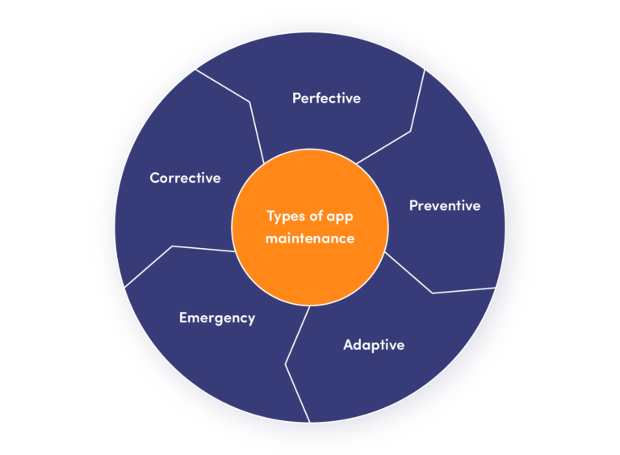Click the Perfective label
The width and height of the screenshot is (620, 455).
click(326, 98)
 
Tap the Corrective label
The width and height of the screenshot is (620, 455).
click(185, 178)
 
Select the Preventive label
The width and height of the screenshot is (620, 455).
click(445, 205)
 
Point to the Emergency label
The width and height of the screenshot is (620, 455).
click(217, 318)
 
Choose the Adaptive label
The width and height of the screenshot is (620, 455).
click(374, 345)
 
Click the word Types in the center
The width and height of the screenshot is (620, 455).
click(287, 217)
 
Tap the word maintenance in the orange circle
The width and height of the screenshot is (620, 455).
click(310, 238)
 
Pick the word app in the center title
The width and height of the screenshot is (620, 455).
click(340, 217)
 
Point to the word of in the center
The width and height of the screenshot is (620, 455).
click(316, 216)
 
